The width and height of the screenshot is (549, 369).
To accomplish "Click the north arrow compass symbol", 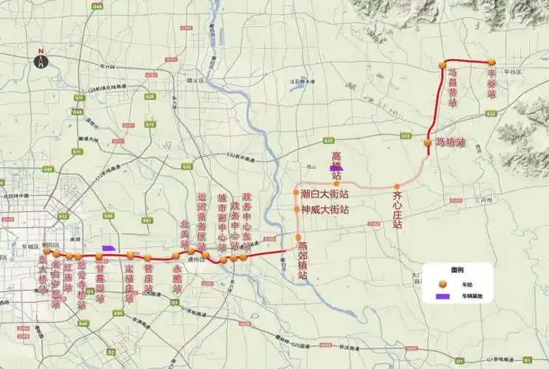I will tap(41, 60).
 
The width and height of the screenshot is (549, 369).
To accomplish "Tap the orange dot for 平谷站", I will tap(490, 62).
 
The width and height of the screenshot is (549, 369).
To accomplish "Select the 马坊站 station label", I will tap(450, 142).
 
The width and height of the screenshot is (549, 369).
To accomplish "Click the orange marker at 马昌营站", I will tap(443, 65).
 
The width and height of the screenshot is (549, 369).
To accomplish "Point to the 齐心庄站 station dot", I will tap(397, 186).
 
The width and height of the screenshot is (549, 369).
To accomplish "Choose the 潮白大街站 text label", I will tap(325, 194).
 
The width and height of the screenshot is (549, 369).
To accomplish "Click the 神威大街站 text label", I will tap(325, 210).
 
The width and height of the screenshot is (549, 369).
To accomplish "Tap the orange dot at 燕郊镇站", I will tap(298, 238).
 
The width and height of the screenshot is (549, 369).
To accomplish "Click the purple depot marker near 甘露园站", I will tap(109, 248).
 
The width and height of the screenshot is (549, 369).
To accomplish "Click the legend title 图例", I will tap(458, 270).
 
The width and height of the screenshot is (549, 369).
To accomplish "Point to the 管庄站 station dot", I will tap(148, 255).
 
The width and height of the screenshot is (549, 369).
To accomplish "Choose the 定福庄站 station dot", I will tap(131, 255).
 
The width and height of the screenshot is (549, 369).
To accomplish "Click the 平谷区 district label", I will tap(512, 72).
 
